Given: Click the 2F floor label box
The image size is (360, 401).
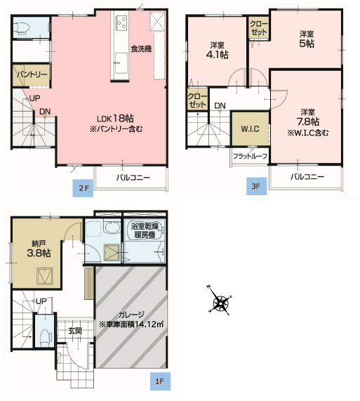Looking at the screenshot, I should [x=83, y=188].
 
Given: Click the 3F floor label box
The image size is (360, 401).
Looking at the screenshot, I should [x=256, y=188].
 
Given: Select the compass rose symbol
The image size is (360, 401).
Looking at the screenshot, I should [x=220, y=303].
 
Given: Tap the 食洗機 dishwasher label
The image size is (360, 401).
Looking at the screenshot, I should [x=142, y=48].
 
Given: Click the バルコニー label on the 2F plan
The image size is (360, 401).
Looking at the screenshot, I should [x=133, y=178].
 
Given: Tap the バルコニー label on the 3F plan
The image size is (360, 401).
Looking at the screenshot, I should [x=307, y=177].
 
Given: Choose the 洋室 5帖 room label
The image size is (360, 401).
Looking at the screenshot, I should [x=306, y=39].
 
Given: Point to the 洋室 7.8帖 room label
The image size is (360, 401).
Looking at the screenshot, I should [x=307, y=117].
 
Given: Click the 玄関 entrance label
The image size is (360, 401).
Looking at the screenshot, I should [x=74, y=329].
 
